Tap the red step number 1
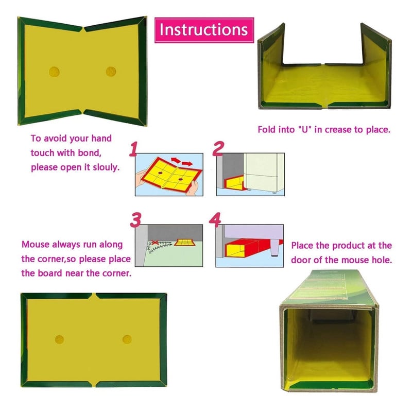(x=133, y=150)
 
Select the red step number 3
(x=135, y=219)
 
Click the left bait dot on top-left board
(x=54, y=71)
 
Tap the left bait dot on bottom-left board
(x=60, y=339)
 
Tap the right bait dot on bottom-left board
(x=127, y=339)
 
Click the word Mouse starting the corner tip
(x=36, y=245)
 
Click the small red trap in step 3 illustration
(x=184, y=242)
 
